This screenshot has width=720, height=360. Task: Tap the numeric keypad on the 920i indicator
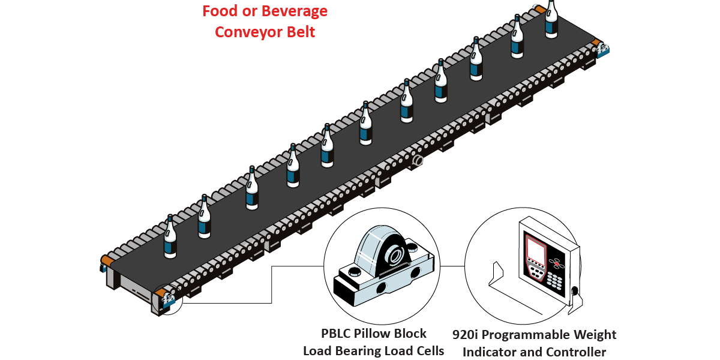555,280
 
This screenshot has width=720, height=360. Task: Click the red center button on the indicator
557,263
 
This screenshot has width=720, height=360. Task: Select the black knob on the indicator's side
577,292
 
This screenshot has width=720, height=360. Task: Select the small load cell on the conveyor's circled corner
166,298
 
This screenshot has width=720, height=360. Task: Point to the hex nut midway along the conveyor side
418,161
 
